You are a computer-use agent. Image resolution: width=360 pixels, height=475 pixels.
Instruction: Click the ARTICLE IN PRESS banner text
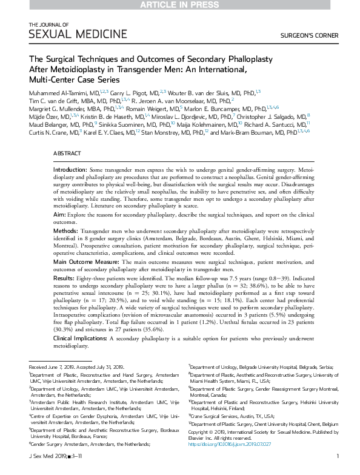[x=180, y=5]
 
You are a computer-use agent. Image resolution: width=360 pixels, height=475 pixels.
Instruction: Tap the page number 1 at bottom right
[x=337, y=471]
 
